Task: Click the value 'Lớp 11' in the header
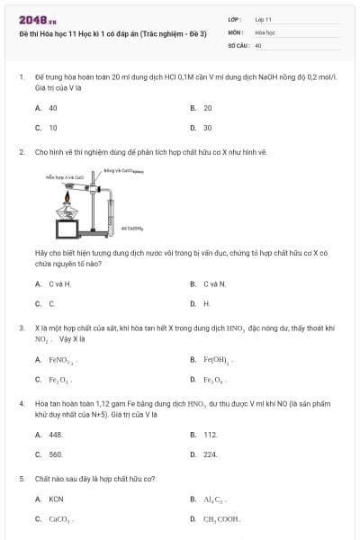264,18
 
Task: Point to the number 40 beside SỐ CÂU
258,44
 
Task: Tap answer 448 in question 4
54,435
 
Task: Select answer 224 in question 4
210,454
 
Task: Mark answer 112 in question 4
210,435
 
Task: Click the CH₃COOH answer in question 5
221,519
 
